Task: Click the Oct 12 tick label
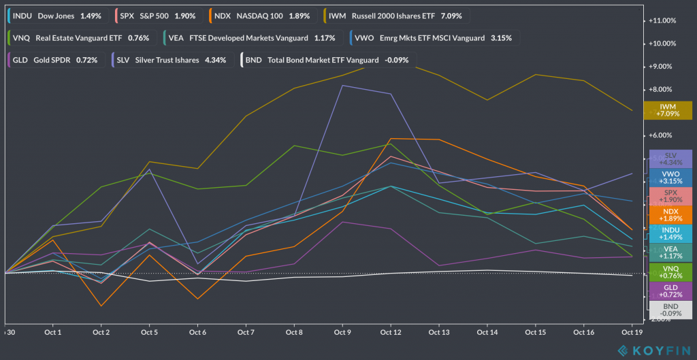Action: (390, 332)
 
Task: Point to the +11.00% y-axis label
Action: (664, 21)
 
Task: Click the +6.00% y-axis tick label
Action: (664, 135)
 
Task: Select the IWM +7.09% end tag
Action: (670, 110)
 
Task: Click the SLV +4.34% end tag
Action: (670, 159)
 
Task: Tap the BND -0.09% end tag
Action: (670, 311)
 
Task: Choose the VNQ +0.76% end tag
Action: (670, 273)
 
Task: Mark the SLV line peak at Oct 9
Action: (342, 86)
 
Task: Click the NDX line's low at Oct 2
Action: (101, 306)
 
